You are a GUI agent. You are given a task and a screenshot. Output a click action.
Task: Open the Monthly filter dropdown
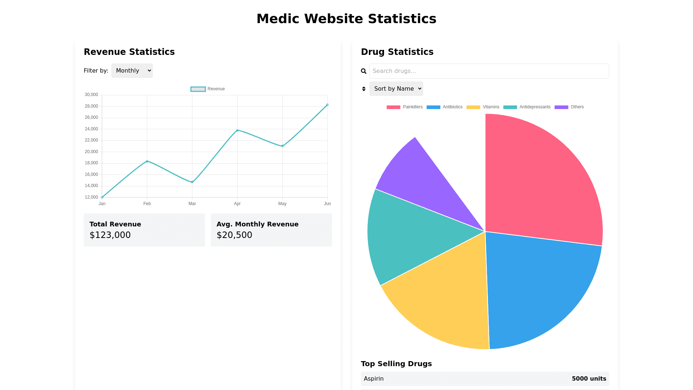pyautogui.click(x=132, y=71)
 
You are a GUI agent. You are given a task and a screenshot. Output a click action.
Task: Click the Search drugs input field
pyautogui.click(x=489, y=71)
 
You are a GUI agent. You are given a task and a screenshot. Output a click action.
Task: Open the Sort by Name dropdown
pyautogui.click(x=396, y=89)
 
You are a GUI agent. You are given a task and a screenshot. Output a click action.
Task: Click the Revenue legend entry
pyautogui.click(x=208, y=89)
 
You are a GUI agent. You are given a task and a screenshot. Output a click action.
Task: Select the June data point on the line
pyautogui.click(x=327, y=105)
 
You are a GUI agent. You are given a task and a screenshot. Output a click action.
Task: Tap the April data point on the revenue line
pyautogui.click(x=237, y=130)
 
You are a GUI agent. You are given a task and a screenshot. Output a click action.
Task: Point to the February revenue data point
pyautogui.click(x=147, y=161)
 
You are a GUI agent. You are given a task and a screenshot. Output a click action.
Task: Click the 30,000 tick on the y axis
pyautogui.click(x=91, y=95)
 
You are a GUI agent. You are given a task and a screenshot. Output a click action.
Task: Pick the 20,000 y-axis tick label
pyautogui.click(x=91, y=152)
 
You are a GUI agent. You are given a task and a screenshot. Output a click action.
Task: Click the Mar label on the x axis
pyautogui.click(x=192, y=204)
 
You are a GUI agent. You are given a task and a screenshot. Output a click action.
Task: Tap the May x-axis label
pyautogui.click(x=282, y=204)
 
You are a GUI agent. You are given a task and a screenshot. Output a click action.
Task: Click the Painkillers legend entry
pyautogui.click(x=405, y=107)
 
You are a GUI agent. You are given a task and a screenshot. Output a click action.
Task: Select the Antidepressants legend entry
pyautogui.click(x=527, y=107)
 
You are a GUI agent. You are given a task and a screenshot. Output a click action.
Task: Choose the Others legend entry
pyautogui.click(x=569, y=107)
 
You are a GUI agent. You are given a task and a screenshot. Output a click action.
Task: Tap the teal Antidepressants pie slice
pyautogui.click(x=408, y=235)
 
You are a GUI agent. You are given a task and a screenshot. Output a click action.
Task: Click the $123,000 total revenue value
pyautogui.click(x=110, y=235)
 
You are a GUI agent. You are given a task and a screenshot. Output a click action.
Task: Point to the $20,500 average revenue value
pyautogui.click(x=234, y=235)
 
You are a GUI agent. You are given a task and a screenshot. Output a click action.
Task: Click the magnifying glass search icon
pyautogui.click(x=364, y=71)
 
